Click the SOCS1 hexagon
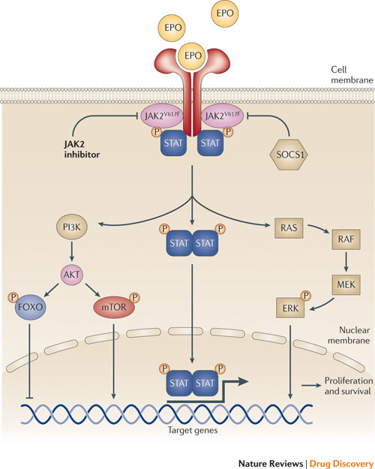pos(288,155)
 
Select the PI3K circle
pos(72,227)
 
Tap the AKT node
pos(72,275)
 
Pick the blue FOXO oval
pos(31,307)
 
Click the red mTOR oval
pos(114,307)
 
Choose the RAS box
pos(289,228)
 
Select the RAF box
pos(346,239)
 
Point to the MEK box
pos(346,284)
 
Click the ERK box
pos(290,308)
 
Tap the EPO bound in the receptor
pos(193,56)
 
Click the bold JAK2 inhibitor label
pos(82,149)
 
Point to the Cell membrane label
pos(352,75)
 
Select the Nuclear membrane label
pos(349,335)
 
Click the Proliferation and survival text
pos(349,386)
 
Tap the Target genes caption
pos(193,431)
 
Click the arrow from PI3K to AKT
pos(71,252)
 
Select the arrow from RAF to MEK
pos(346,262)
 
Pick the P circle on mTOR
pos(135,298)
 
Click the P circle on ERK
pos(305,296)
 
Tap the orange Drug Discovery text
pos(341,463)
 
